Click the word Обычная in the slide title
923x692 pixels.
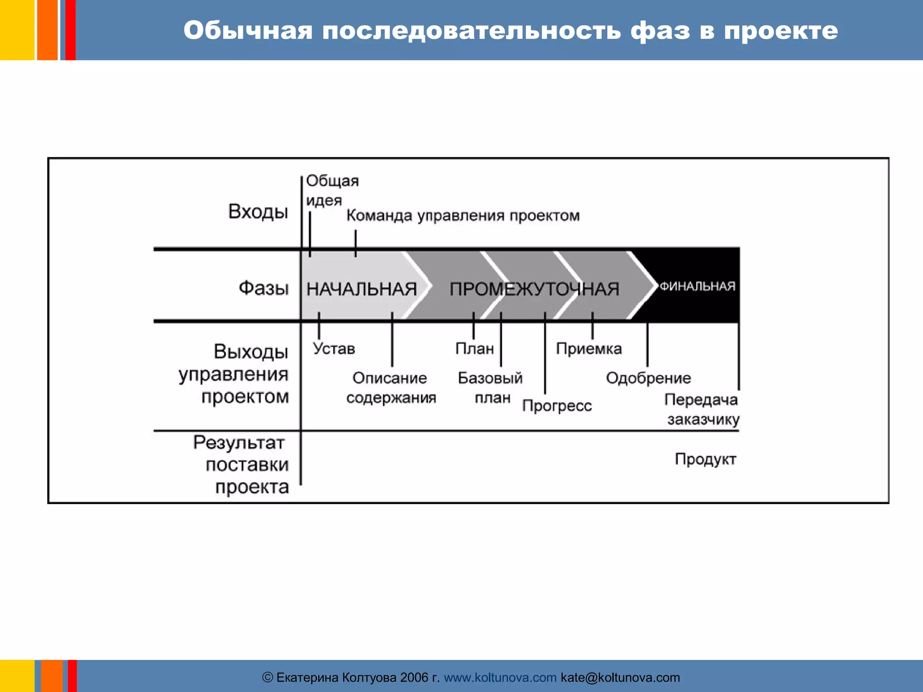(248, 31)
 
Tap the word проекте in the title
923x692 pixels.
(781, 31)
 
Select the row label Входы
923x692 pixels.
(258, 211)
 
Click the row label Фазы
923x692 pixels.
(264, 287)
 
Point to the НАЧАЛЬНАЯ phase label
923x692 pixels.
(361, 289)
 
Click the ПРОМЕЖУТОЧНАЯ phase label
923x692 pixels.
(535, 289)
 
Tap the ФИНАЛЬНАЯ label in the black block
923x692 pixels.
(697, 286)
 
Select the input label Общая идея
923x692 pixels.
(332, 190)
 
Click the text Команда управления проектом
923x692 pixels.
(463, 215)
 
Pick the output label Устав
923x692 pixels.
(334, 348)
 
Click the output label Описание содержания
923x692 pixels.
(391, 387)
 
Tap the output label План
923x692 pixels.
(475, 348)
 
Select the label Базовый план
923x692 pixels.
(490, 387)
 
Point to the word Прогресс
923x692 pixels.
(557, 405)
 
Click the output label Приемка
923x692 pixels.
(589, 348)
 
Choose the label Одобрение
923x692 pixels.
(648, 378)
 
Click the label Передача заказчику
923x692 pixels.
(702, 409)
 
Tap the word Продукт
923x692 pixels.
(705, 459)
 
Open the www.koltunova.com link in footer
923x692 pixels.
(500, 677)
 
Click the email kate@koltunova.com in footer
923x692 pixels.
(620, 677)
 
